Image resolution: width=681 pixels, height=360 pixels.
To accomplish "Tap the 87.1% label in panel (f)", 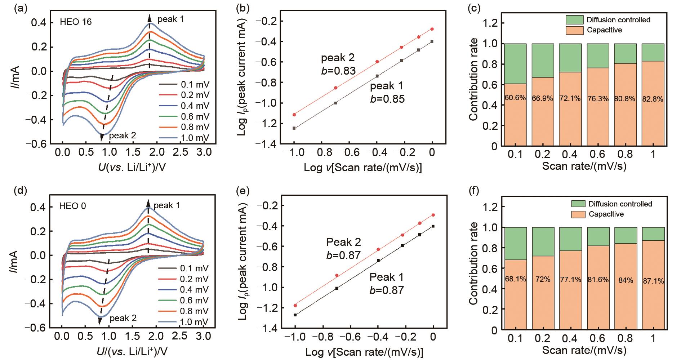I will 653,281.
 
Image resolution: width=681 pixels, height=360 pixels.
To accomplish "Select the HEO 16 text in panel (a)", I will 76,22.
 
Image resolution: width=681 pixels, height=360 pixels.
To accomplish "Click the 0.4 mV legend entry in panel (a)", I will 194,106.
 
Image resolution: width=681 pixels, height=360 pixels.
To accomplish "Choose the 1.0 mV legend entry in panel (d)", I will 193,322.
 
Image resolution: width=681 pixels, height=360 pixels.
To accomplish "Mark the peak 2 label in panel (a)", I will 123,136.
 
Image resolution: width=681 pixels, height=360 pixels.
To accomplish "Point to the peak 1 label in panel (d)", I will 167,205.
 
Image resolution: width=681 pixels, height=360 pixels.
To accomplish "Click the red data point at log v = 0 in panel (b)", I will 432,29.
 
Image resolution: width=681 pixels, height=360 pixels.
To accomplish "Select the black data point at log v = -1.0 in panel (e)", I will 295,315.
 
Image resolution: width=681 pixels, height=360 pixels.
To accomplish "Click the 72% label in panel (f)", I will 543,280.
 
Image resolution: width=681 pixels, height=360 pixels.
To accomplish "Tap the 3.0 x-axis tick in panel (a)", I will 204,153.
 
